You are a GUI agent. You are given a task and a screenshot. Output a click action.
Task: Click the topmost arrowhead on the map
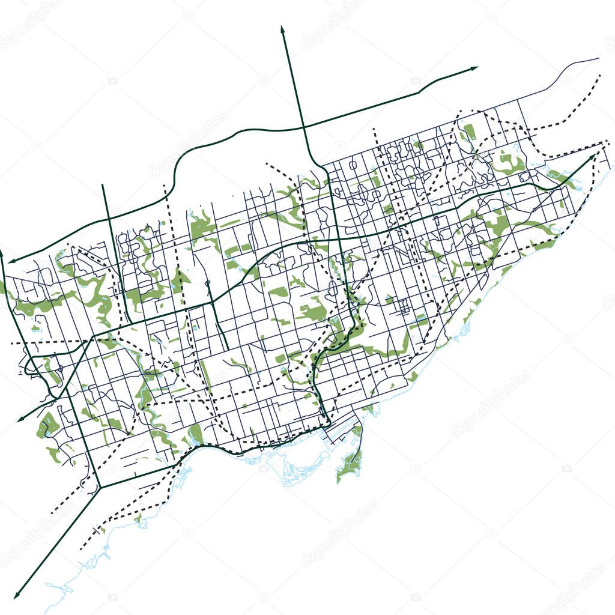[282, 28]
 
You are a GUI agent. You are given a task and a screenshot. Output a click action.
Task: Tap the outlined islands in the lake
[300, 468]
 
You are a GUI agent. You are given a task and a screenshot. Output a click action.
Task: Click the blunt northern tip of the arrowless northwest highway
[103, 185]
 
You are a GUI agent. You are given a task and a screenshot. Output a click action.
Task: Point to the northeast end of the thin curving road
[598, 58]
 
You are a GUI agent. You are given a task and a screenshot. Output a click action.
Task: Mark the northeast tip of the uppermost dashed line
[599, 76]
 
